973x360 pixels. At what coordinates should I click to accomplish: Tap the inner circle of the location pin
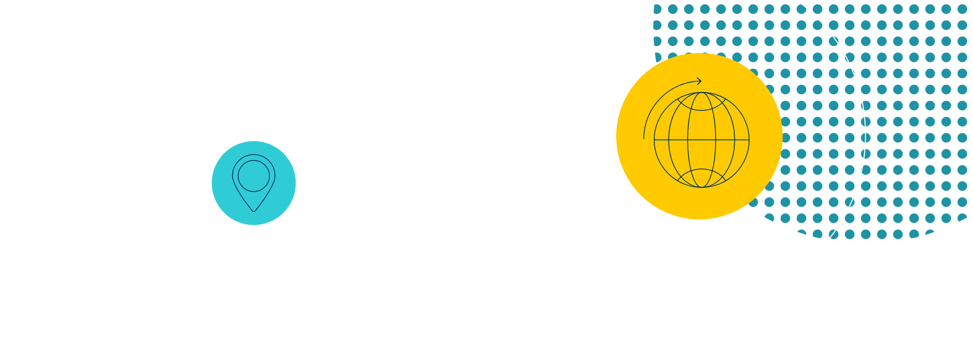(x=254, y=176)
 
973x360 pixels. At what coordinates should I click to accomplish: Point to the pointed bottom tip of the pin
(x=254, y=211)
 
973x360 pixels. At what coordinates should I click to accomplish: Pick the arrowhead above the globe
(x=699, y=81)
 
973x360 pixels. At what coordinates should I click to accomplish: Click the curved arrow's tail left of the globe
(x=644, y=138)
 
